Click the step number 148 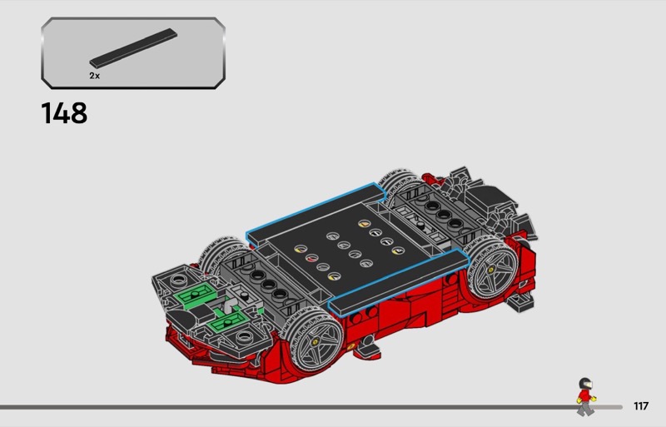coord(64,113)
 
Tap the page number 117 coord(641,406)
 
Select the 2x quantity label coord(94,76)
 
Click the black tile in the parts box coord(133,48)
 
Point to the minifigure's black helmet coord(585,383)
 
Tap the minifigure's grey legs coord(585,409)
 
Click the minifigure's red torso coord(585,395)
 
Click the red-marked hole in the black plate coord(312,258)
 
